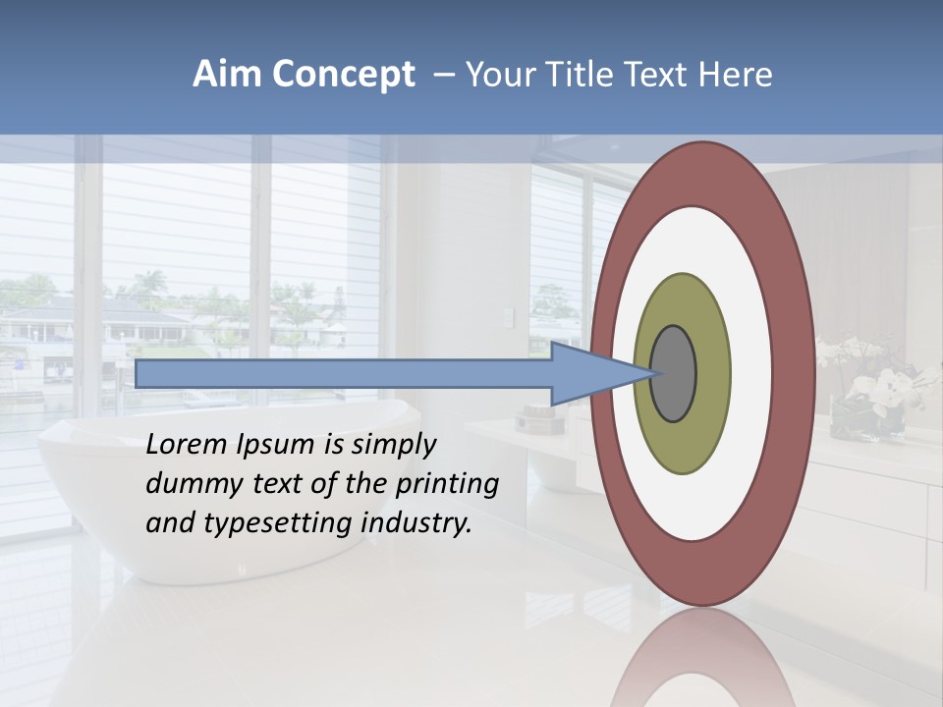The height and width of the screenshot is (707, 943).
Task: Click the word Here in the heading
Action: (735, 75)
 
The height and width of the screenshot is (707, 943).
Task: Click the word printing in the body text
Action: (447, 485)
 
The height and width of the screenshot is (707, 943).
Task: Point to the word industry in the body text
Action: (416, 524)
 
